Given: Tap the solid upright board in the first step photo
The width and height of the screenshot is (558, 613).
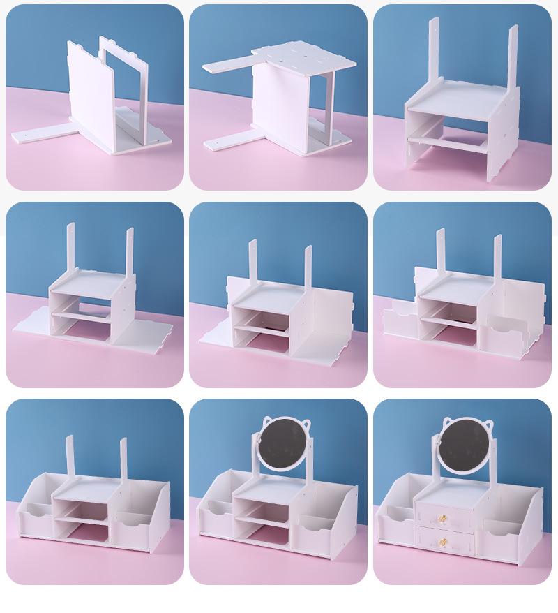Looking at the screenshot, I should pyautogui.click(x=88, y=91).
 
